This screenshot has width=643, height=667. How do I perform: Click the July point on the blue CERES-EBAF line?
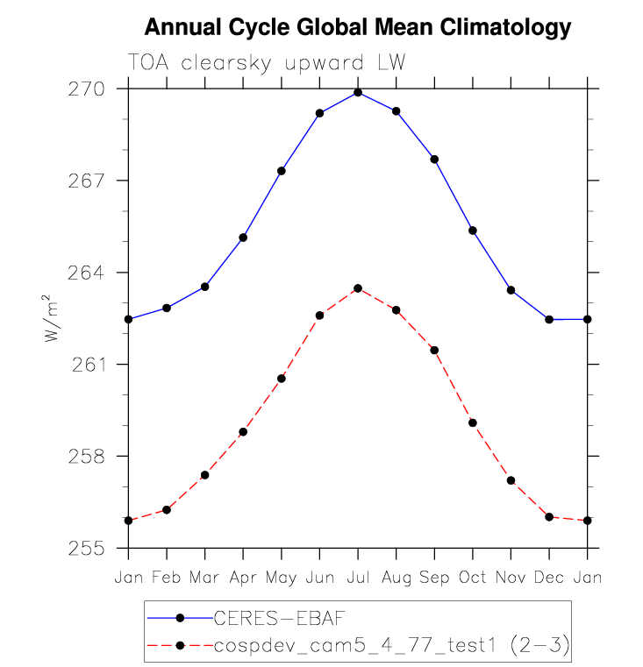click(358, 92)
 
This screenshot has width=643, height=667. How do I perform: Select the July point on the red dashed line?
click(358, 288)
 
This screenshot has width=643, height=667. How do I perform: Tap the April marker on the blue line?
click(243, 238)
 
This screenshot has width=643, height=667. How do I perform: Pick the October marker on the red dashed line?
click(473, 422)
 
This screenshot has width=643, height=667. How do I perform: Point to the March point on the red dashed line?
click(204, 475)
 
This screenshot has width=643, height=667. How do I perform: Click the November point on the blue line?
click(511, 290)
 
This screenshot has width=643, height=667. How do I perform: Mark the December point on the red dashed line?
click(549, 517)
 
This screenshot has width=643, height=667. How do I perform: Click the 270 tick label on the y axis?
click(89, 89)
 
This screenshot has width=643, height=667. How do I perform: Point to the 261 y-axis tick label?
click(89, 365)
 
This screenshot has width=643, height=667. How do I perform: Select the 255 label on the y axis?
click(89, 549)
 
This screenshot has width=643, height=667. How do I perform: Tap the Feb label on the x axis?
click(167, 578)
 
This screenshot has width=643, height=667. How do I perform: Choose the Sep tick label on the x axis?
click(434, 578)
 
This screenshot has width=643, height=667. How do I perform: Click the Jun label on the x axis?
click(319, 578)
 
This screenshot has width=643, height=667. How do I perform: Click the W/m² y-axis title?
click(54, 319)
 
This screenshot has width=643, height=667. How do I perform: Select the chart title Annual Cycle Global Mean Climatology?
click(357, 27)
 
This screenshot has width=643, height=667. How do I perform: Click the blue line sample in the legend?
click(180, 617)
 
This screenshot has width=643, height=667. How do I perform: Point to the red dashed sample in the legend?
click(180, 646)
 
